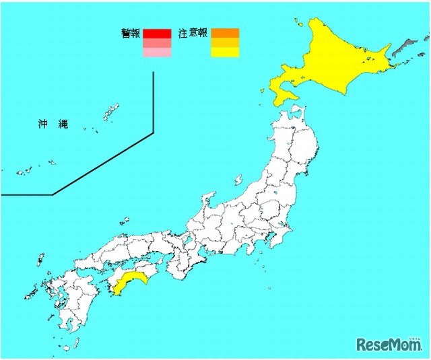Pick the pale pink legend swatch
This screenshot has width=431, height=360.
157,52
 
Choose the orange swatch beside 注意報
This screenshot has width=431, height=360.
225,33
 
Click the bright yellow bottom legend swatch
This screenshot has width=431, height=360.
225,52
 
